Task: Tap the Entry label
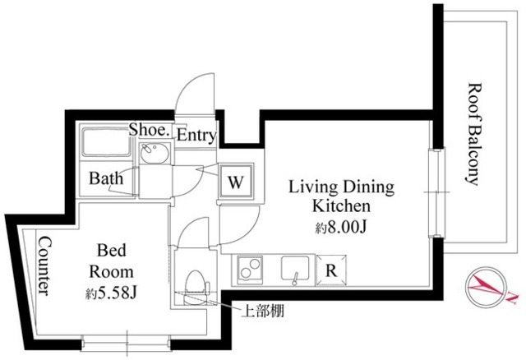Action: tap(196, 134)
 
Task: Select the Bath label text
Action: tap(106, 178)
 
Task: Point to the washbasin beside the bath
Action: tap(154, 153)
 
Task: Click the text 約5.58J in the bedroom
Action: tap(110, 293)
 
